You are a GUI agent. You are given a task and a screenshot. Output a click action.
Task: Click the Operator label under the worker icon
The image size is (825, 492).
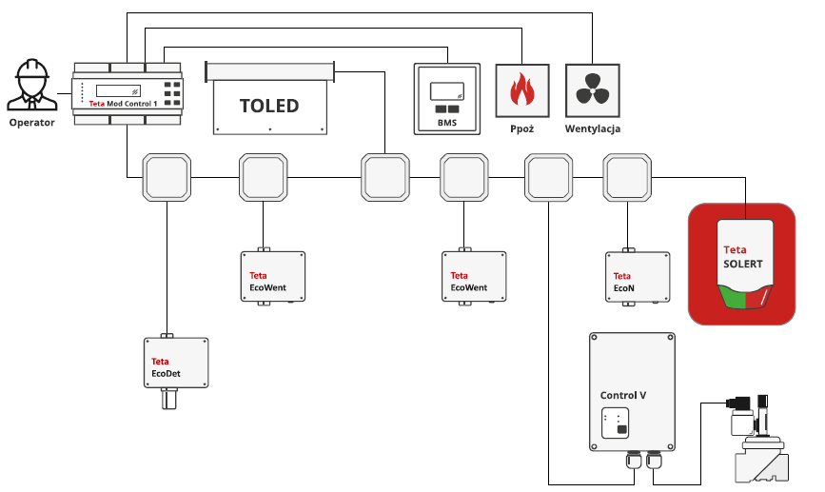pyautogui.click(x=32, y=122)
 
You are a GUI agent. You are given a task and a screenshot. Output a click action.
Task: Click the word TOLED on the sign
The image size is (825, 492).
pyautogui.click(x=269, y=106)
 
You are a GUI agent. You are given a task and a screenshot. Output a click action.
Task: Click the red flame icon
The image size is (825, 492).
pyautogui.click(x=522, y=91)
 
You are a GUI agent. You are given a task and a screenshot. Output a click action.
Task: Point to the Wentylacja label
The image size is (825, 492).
pyautogui.click(x=593, y=128)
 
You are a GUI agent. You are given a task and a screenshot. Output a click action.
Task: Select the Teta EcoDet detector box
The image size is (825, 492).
pyautogui.click(x=176, y=362)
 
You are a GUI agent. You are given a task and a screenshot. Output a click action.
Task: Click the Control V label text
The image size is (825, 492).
pyautogui.click(x=624, y=394)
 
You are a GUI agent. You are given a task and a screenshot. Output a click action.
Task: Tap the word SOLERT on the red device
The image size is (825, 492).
pyautogui.click(x=744, y=264)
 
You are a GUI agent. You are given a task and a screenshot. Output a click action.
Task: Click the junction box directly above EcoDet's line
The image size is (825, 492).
pyautogui.click(x=167, y=177)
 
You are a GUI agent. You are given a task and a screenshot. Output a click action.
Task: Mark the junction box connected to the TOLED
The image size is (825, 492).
pyautogui.click(x=384, y=177)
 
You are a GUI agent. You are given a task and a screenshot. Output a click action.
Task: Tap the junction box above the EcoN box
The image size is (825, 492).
pyautogui.click(x=628, y=177)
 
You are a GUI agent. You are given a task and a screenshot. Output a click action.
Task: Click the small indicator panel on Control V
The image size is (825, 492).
pyautogui.click(x=618, y=423)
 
